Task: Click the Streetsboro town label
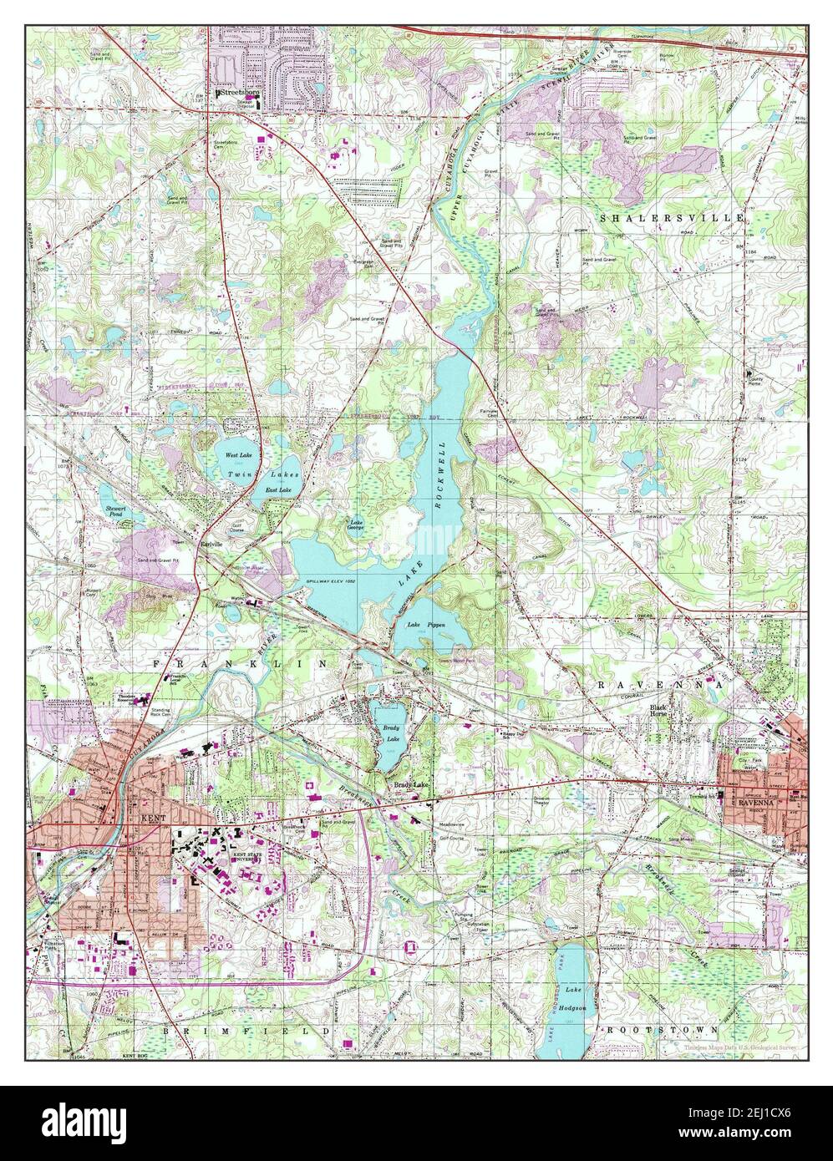pyautogui.click(x=237, y=94)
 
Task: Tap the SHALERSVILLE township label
pyautogui.click(x=671, y=217)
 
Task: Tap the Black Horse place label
pyautogui.click(x=663, y=711)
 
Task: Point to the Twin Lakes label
pyautogui.click(x=251, y=474)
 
